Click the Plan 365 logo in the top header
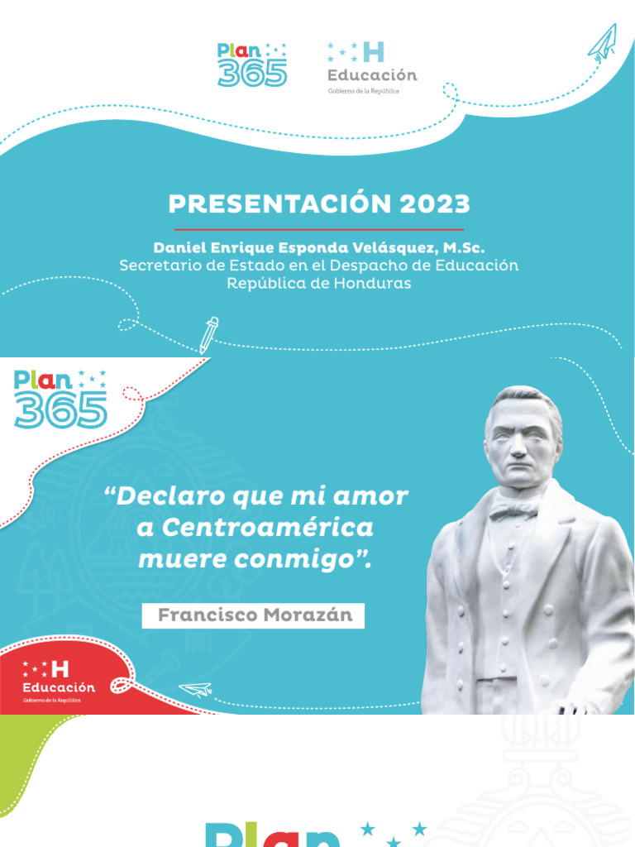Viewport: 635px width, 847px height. coord(252,65)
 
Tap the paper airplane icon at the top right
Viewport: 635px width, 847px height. coord(603,42)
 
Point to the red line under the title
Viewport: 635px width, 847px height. coord(318,229)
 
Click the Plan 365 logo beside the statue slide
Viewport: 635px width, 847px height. coord(60,400)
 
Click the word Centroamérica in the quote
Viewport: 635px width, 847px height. coord(267,527)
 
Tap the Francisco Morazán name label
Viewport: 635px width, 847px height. coord(253,615)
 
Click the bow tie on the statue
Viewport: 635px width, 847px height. coord(513,511)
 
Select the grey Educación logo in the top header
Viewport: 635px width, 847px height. coord(371,67)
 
